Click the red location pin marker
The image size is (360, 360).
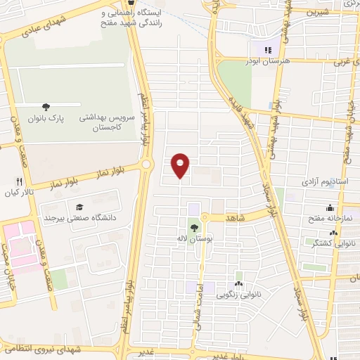click(x=181, y=165)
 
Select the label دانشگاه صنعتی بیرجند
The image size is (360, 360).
click(x=79, y=218)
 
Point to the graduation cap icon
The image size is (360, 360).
click(x=79, y=207)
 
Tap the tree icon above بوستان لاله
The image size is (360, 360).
click(x=193, y=227)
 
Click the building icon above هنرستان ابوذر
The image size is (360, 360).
click(x=266, y=49)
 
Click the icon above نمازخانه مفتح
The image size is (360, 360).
click(x=330, y=207)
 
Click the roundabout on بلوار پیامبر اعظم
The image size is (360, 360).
click(x=146, y=165)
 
